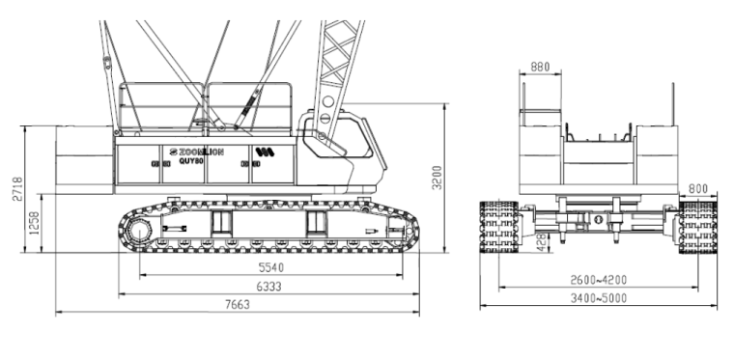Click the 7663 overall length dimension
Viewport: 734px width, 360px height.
coord(238,305)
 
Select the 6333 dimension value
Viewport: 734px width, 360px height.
coord(268,287)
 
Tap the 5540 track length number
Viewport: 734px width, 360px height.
coord(271,268)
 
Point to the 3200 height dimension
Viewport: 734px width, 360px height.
coord(437,178)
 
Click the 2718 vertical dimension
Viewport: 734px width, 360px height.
coord(17,189)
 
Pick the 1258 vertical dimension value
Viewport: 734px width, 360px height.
coord(35,224)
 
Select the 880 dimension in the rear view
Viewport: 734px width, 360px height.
coord(540,68)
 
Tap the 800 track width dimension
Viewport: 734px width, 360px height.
coord(698,189)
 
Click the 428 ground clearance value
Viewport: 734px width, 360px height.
coord(542,242)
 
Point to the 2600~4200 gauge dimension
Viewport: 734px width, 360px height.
coord(598,280)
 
